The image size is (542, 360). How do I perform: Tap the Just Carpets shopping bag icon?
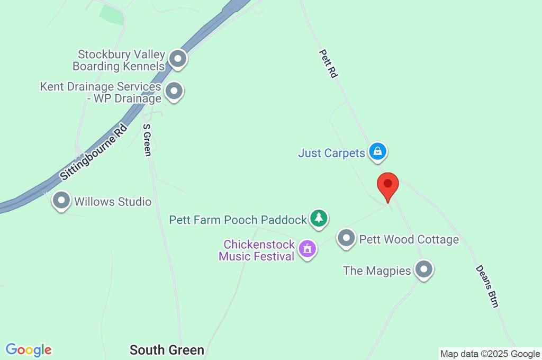coord(377,152)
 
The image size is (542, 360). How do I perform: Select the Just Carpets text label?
coord(332,153)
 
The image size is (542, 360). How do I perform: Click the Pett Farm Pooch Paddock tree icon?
coord(318,218)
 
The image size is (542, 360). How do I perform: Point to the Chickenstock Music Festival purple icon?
coord(307,248)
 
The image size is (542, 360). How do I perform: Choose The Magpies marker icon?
coord(423,269)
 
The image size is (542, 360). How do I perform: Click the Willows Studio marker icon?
coord(62,201)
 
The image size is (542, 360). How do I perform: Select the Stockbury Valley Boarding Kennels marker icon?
coord(178,59)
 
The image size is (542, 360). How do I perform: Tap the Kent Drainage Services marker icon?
coord(174,92)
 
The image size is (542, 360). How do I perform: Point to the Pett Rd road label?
coord(328,64)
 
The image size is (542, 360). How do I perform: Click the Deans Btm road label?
coord(487,286)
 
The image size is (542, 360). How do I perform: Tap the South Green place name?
coord(167,350)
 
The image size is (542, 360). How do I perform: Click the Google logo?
coord(29,350)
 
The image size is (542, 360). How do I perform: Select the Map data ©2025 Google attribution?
coord(490,354)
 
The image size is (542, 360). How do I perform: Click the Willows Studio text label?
coord(113,202)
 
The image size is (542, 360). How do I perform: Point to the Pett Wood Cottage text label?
coord(409,239)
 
